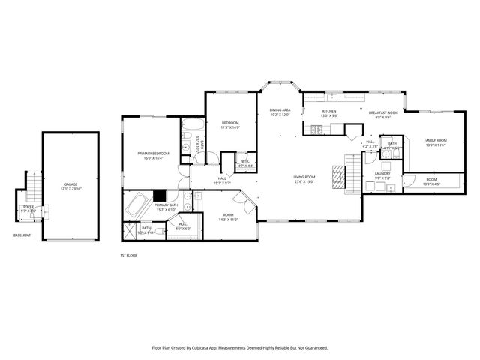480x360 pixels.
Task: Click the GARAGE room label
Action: point(70,184)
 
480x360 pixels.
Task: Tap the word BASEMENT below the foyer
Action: point(22,235)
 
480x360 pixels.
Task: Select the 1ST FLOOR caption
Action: point(128,255)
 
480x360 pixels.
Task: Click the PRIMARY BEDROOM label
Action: point(153,154)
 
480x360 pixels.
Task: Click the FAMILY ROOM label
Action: point(435,141)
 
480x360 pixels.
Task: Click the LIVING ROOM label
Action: point(304,177)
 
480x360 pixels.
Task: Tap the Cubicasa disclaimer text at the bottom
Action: point(240,348)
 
